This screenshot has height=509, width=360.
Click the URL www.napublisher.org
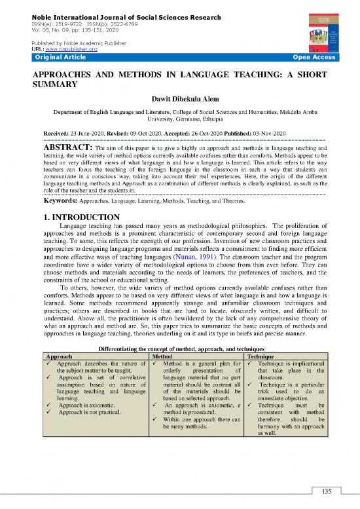point(75,49)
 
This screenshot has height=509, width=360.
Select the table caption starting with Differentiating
point(179,349)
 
